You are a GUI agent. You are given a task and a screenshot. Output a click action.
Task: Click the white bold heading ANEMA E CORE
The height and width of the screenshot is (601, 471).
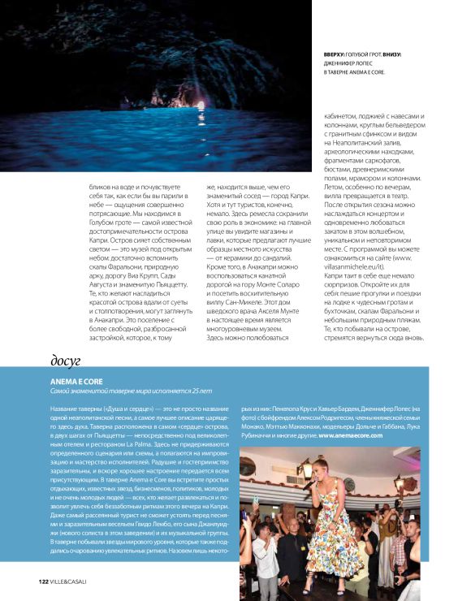[76, 380]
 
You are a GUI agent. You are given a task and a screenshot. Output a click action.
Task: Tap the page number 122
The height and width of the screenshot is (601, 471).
[44, 581]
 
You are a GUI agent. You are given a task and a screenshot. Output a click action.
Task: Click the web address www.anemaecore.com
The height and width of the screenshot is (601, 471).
[351, 435]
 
